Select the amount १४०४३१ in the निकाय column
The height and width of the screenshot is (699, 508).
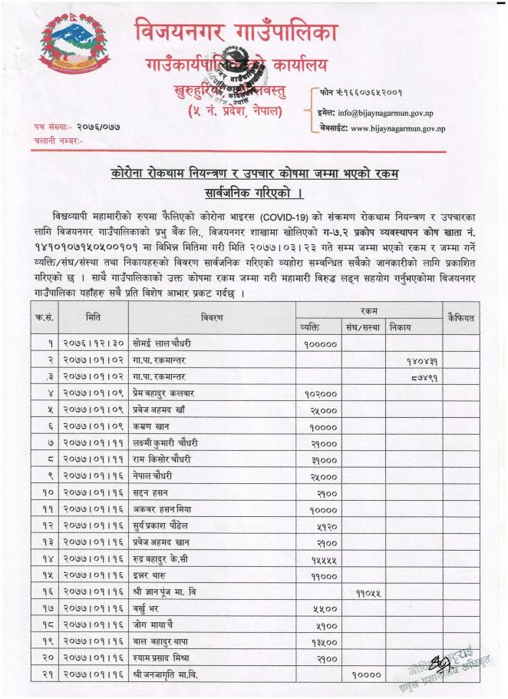coord(421,360)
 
